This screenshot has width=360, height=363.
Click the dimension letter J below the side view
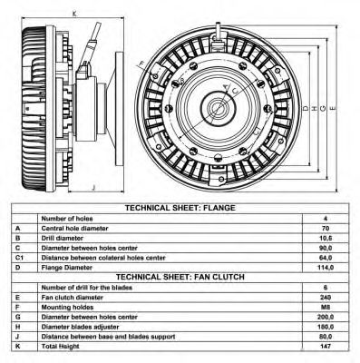coord(94,188)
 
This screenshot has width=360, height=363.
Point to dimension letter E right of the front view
coord(335,108)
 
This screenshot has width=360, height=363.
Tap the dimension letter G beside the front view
coord(322,108)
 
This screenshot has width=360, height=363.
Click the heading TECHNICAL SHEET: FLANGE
coord(180,208)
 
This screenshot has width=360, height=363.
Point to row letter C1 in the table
coord(19,258)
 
